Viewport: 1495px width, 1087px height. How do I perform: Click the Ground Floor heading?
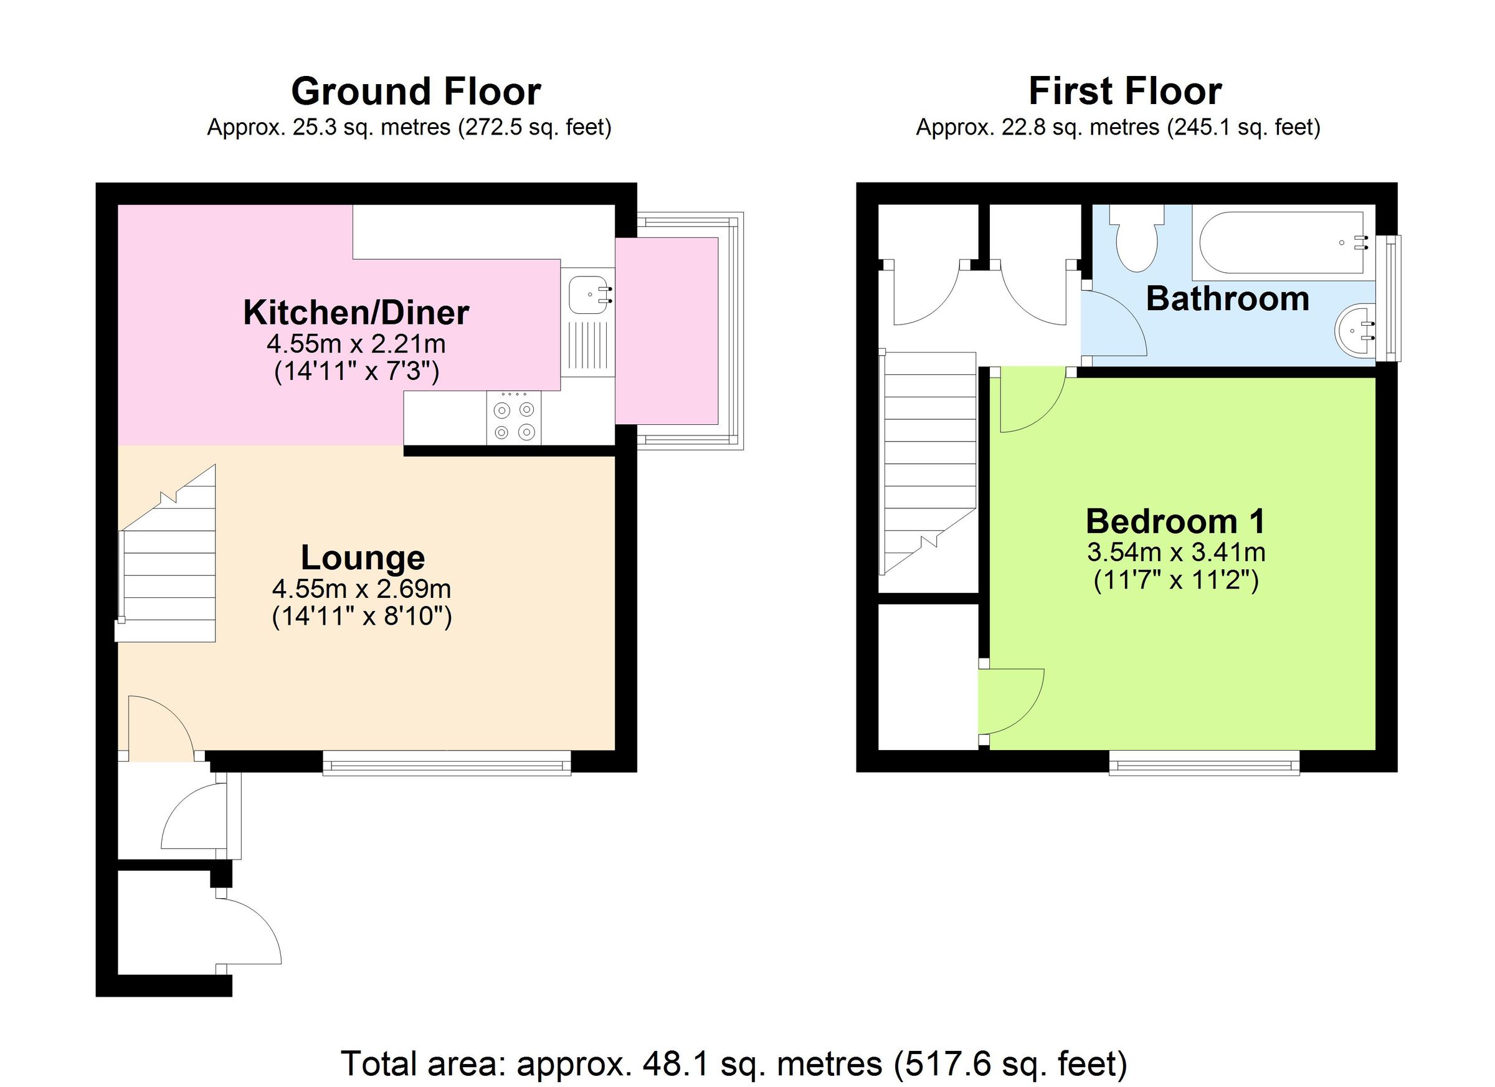tap(416, 91)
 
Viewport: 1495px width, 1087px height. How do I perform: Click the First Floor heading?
tap(1124, 91)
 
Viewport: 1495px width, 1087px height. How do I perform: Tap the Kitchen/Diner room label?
tap(356, 313)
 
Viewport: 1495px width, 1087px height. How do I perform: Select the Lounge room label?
tap(363, 558)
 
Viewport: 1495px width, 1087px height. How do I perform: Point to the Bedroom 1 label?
tap(1175, 521)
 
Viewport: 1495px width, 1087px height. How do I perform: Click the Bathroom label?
tap(1227, 298)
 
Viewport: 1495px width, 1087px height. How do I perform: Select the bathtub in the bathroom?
tap(1282, 242)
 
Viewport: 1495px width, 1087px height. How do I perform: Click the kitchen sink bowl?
tap(587, 295)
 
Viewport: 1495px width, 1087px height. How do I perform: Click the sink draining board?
tap(587, 344)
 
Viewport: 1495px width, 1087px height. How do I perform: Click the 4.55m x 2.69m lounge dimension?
tap(361, 588)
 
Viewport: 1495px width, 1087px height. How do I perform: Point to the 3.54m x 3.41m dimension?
tap(1175, 552)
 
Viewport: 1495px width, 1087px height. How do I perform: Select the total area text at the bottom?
tap(734, 1063)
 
